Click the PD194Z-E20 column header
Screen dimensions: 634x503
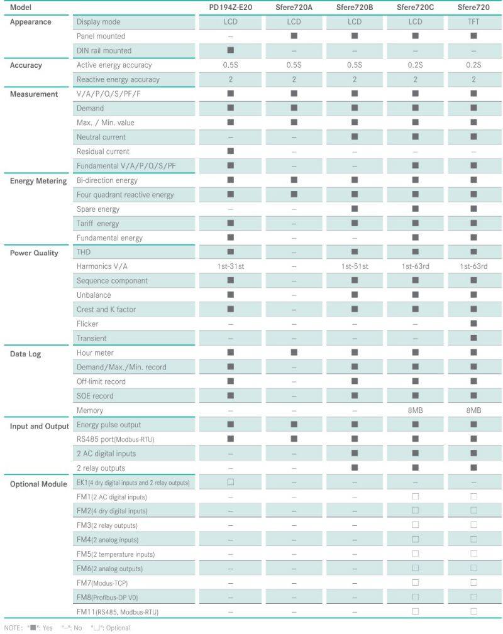tap(231, 8)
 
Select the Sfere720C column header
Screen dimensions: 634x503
tap(415, 8)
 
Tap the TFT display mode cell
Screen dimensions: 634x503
tap(473, 22)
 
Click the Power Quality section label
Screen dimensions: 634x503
tap(34, 253)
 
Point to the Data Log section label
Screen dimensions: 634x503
tap(26, 354)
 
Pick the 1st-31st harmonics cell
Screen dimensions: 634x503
tap(231, 266)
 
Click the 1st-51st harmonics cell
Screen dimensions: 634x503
tap(355, 266)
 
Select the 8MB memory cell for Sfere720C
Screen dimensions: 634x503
tap(415, 410)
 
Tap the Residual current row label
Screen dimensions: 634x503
tap(103, 151)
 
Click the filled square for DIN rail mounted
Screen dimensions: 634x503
tap(231, 50)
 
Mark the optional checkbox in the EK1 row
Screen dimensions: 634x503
tap(231, 483)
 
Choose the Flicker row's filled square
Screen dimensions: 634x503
tap(473, 324)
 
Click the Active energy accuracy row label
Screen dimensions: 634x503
tap(114, 65)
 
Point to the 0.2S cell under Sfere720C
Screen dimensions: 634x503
tap(415, 65)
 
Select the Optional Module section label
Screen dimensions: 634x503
tap(38, 484)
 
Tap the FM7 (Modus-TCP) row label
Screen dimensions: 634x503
tap(102, 583)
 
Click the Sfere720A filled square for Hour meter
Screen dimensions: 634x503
tap(294, 353)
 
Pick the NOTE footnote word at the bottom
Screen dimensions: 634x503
tap(13, 628)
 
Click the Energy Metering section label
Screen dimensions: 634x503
tap(38, 181)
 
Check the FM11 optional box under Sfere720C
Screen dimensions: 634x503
tap(415, 611)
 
